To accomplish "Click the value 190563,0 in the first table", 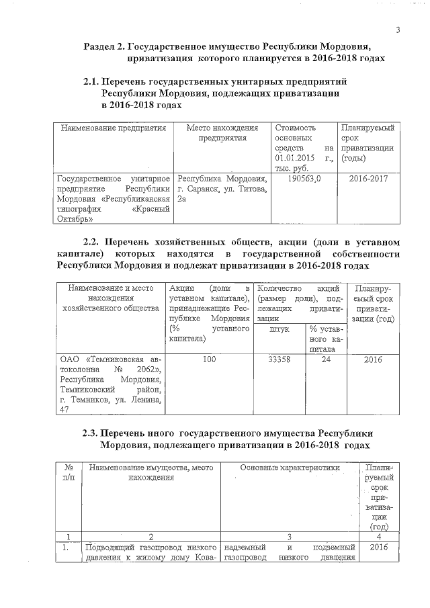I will [303, 179].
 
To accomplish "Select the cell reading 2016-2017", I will [367, 179].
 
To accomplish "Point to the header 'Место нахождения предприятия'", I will [221, 132].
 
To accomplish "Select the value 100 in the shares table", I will [209, 359].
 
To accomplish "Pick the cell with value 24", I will [327, 359].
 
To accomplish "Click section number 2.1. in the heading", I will [91, 81].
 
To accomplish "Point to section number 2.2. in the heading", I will [92, 241].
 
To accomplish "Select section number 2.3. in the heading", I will [91, 433].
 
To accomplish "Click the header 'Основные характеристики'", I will [290, 467].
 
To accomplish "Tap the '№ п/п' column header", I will [68, 472].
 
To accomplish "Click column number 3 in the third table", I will [289, 537].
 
